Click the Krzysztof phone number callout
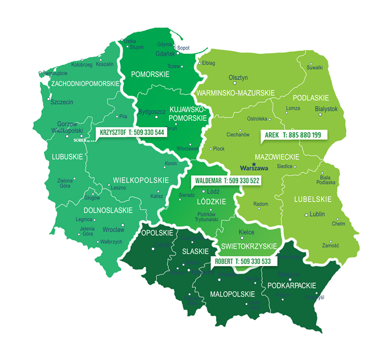131,131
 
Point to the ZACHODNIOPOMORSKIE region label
85,84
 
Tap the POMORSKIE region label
150,74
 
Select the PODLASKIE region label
314,98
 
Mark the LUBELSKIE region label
313,199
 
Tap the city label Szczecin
62,102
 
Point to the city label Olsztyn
238,78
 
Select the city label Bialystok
326,109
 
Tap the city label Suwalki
315,67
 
